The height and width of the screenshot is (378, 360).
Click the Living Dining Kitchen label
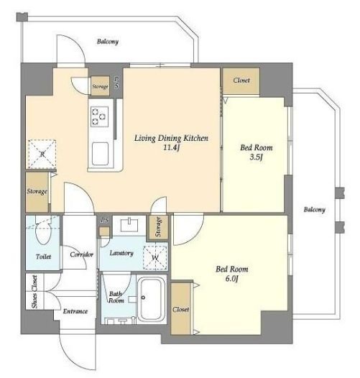click(171, 138)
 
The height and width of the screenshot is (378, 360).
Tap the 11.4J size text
click(172, 147)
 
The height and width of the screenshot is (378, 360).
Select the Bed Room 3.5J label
click(257, 152)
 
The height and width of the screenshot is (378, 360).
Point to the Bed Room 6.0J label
click(232, 274)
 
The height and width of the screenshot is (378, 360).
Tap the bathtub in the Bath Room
click(152, 298)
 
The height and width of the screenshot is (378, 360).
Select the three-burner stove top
click(100, 116)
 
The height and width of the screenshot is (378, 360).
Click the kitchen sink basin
click(100, 154)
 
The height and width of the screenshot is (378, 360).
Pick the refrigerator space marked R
click(42, 154)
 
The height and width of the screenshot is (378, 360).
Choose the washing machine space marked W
click(155, 257)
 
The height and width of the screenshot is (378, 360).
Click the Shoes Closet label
click(34, 292)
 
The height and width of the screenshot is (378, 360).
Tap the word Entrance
click(75, 311)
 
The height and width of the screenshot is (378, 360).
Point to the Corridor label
click(81, 254)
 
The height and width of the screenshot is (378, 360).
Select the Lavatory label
click(121, 253)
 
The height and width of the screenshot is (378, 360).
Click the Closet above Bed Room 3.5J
click(241, 80)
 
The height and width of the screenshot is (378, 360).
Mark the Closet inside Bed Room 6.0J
click(180, 309)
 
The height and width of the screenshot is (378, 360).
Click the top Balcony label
click(108, 42)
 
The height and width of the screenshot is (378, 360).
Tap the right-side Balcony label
click(315, 210)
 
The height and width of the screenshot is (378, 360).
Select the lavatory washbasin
click(129, 225)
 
